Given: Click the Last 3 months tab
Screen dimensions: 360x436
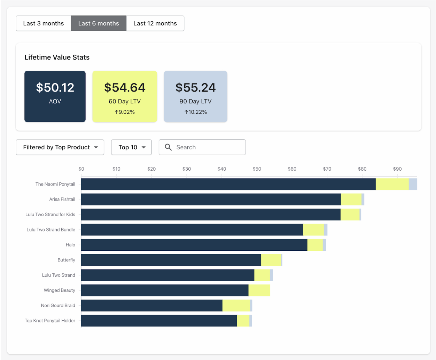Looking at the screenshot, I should [x=44, y=23].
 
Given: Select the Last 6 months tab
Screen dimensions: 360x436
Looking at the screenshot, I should [x=99, y=23].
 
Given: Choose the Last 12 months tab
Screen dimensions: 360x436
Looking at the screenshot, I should [x=155, y=23].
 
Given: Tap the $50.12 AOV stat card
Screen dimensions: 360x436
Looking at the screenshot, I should [x=55, y=96].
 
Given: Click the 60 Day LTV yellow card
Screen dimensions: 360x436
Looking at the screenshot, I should [x=125, y=96].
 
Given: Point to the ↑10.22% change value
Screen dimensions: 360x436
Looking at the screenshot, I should [x=196, y=112].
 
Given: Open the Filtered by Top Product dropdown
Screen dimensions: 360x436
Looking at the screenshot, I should [x=60, y=147].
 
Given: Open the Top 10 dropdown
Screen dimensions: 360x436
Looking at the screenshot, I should [x=131, y=147].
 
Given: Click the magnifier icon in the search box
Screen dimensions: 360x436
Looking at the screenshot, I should [x=168, y=147].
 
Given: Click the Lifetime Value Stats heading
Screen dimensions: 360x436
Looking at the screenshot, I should [x=57, y=57].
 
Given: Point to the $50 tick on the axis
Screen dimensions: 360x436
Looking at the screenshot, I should [x=257, y=169].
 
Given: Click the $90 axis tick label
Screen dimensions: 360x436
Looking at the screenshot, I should [x=397, y=169].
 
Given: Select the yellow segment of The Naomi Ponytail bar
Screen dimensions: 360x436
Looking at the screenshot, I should [x=392, y=184].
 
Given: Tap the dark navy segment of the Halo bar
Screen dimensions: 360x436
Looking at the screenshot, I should [x=194, y=245].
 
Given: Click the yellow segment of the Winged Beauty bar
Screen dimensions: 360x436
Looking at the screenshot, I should [x=259, y=290].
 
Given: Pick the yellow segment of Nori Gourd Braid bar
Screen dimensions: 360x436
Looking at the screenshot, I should [x=236, y=305].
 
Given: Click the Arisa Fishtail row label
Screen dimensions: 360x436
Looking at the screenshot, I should [x=62, y=199].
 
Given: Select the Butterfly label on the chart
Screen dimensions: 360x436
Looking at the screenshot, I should [x=66, y=260].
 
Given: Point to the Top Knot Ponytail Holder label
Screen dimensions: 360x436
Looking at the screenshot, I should [x=50, y=321].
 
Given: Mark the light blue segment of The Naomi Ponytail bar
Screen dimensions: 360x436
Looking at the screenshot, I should [x=413, y=184].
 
